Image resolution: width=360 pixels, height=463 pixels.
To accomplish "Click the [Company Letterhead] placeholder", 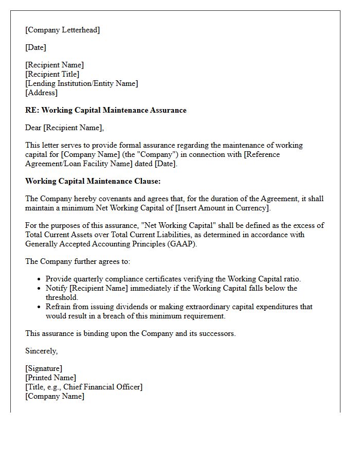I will click(62, 30).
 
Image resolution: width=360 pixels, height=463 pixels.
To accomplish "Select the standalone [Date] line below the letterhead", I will click(35, 47).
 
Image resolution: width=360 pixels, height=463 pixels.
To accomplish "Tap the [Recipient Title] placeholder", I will click(52, 74).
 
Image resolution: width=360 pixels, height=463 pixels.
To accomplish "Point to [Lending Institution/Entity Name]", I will click(81, 83).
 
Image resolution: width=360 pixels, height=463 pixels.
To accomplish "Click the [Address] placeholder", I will click(41, 93).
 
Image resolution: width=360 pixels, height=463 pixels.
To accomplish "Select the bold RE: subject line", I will click(105, 110).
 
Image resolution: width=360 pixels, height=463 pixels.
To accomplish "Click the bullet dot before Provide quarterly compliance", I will click(39, 279).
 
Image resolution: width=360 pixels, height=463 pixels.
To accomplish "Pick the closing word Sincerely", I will click(41, 351).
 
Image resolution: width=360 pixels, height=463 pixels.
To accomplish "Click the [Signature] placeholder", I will click(44, 368).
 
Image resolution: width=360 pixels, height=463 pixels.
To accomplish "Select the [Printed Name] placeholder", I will click(50, 378).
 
